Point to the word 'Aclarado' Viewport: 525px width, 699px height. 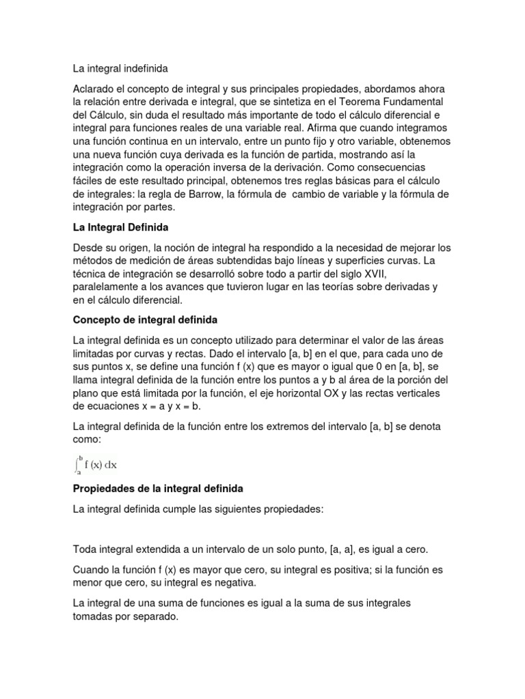(x=95, y=90)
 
